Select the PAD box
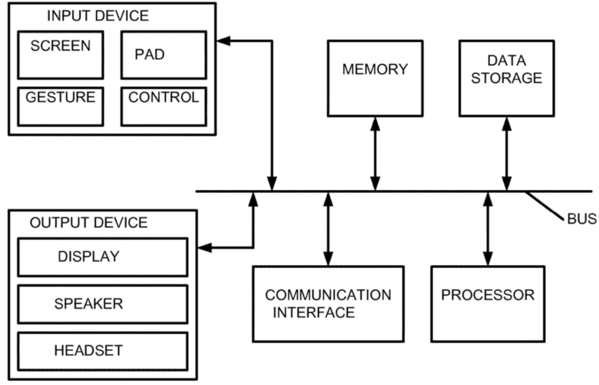pos(163,55)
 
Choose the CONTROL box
pos(163,106)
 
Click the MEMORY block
pos(375,77)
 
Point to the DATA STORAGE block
pos(506,77)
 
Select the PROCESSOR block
pos(487,303)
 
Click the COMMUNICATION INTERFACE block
pos(328,303)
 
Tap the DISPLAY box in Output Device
pos(102,257)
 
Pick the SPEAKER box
pos(102,304)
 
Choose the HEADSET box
pos(102,351)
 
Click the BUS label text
pos(581,219)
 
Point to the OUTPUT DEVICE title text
pos(88,223)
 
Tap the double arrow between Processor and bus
pos(487,228)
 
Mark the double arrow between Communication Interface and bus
pos(328,228)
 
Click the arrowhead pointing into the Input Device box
pos(223,41)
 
